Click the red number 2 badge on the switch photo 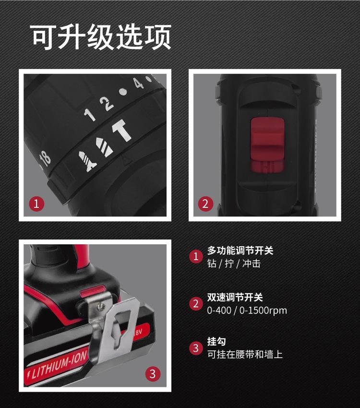206,204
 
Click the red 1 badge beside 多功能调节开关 195,256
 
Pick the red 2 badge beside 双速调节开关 195,304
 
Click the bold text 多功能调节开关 240,250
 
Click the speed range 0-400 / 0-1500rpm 247,311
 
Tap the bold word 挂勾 216,342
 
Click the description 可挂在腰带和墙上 245,355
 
